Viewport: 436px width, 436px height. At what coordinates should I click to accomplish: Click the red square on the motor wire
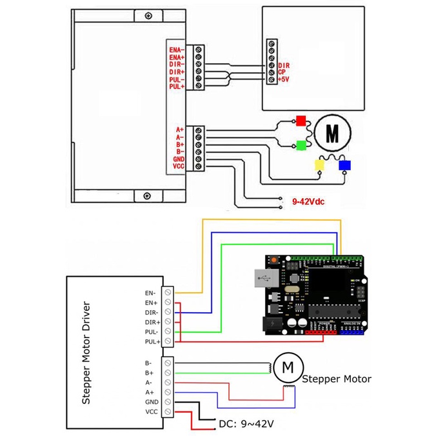pyautogui.click(x=301, y=120)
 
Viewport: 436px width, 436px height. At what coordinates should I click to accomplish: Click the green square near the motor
pyautogui.click(x=301, y=144)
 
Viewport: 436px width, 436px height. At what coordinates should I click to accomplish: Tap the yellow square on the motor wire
pyautogui.click(x=319, y=165)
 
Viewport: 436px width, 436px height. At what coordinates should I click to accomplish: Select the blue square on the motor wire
pyautogui.click(x=345, y=165)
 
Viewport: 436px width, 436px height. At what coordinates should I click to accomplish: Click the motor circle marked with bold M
pyautogui.click(x=332, y=132)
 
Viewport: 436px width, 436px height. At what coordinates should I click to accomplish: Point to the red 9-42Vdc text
pyautogui.click(x=308, y=202)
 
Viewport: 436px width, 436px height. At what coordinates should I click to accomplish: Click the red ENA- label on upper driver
pyautogui.click(x=176, y=50)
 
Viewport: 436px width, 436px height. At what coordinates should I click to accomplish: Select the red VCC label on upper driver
pyautogui.click(x=179, y=167)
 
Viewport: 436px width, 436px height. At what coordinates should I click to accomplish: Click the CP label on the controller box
pyautogui.click(x=282, y=72)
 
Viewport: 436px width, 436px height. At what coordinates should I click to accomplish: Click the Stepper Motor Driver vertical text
pyautogui.click(x=86, y=352)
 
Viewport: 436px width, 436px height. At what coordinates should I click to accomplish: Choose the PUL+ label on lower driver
pyautogui.click(x=152, y=341)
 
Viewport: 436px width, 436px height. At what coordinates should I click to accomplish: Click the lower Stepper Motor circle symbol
pyautogui.click(x=285, y=368)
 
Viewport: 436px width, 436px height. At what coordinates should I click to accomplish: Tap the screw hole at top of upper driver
pyautogui.click(x=149, y=15)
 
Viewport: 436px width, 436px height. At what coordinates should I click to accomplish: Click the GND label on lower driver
pyautogui.click(x=152, y=401)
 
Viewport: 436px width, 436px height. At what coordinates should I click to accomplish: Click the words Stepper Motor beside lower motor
pyautogui.click(x=336, y=379)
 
